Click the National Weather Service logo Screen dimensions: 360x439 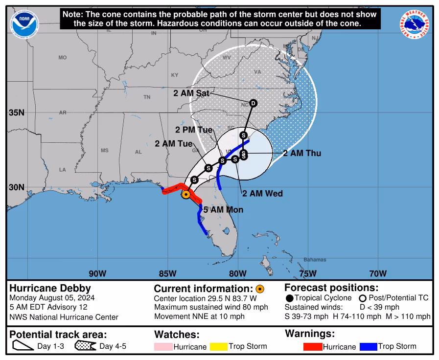pyautogui.click(x=416, y=25)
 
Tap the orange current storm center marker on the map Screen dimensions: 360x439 pyautogui.click(x=186, y=194)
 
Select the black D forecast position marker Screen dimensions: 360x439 pyautogui.click(x=253, y=103)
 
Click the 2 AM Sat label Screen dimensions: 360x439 pyautogui.click(x=191, y=93)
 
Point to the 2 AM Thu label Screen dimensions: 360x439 pyautogui.click(x=302, y=153)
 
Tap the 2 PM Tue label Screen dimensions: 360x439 pyautogui.click(x=194, y=130)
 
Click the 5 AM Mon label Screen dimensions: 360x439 pyautogui.click(x=223, y=210)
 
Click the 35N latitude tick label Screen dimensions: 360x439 pyautogui.click(x=17, y=113)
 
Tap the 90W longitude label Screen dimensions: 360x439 pyautogui.click(x=97, y=273)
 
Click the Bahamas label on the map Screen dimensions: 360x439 pyautogui.click(x=314, y=259)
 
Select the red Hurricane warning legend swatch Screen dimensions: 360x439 pyautogui.click(x=309, y=347)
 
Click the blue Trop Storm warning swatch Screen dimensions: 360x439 pyautogui.click(x=369, y=347)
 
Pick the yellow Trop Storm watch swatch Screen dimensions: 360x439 pyautogui.click(x=219, y=347)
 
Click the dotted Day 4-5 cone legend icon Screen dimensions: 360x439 pyautogui.click(x=86, y=346)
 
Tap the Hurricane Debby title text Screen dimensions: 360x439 pyautogui.click(x=50, y=288)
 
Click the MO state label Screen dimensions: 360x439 pyautogui.click(x=62, y=58)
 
